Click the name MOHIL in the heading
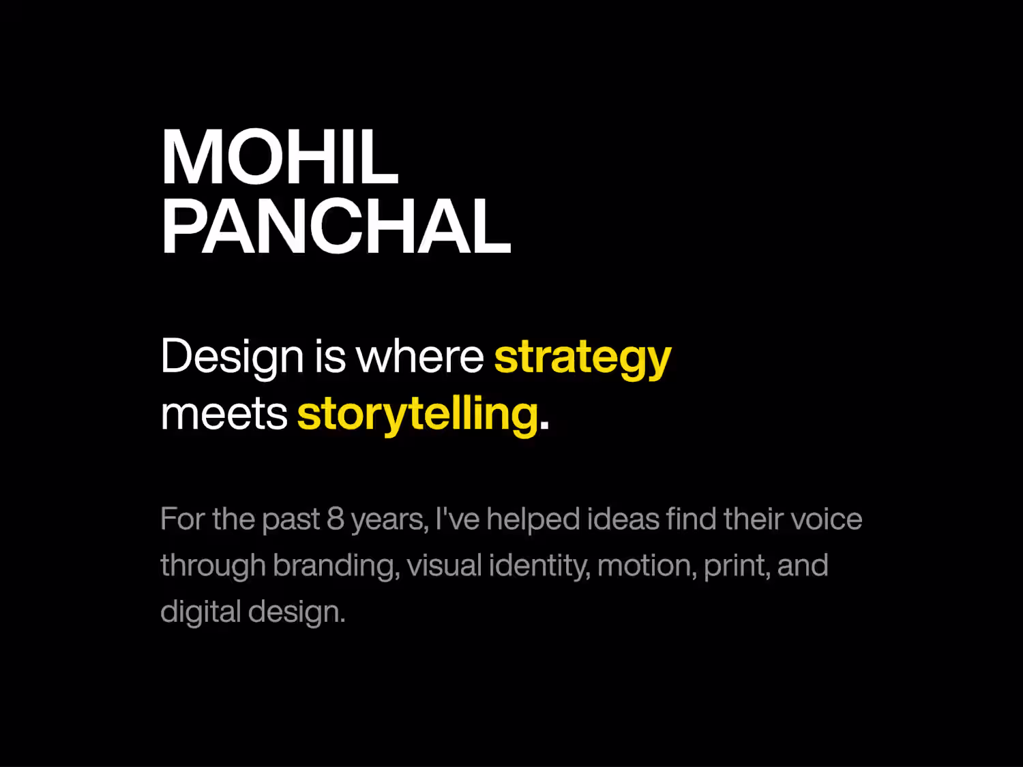[280, 157]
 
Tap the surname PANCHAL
[336, 226]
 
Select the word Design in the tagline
[232, 358]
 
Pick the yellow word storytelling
[418, 415]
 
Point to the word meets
[224, 415]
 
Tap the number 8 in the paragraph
[336, 519]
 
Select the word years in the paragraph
[389, 521]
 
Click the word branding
[336, 567]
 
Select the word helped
[533, 520]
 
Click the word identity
[539, 567]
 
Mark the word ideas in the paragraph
[623, 519]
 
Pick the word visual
[444, 565]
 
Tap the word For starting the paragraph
[183, 519]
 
